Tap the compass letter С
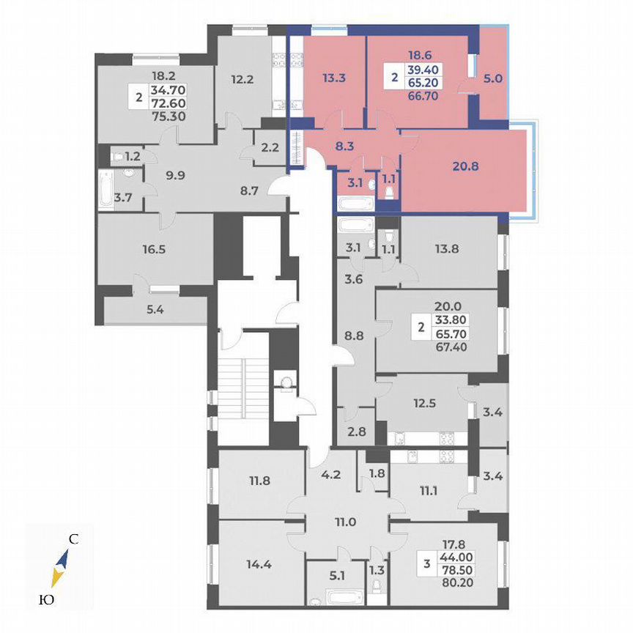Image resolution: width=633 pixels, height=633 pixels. tap(73, 541)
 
